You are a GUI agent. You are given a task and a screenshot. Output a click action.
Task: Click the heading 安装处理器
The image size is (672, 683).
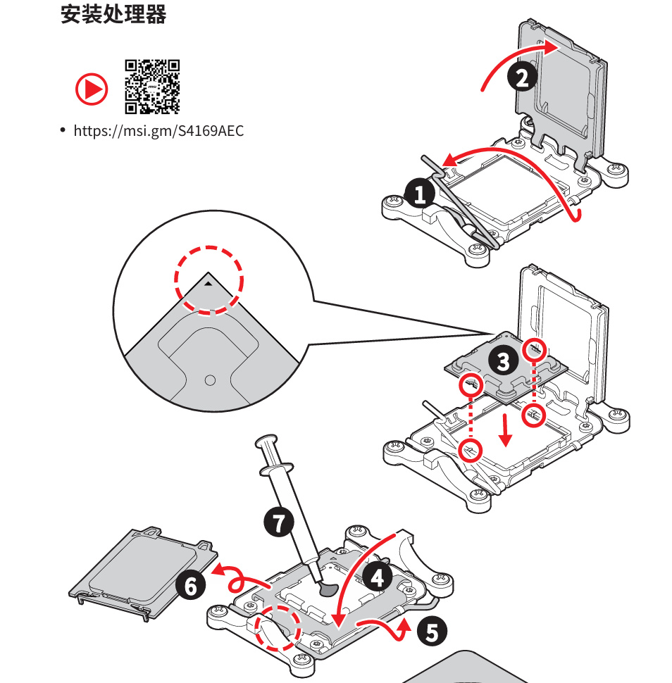coord(113,15)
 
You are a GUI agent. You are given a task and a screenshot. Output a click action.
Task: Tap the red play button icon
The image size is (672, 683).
coord(92,89)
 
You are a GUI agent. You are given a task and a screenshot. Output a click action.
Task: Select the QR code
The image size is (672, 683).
coord(152,87)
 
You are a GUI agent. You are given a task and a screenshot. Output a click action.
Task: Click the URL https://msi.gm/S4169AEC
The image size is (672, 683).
coord(158,130)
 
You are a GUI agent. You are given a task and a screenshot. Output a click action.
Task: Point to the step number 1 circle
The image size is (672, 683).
coord(421,193)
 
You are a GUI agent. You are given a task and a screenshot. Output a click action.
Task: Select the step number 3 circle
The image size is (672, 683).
coord(503,362)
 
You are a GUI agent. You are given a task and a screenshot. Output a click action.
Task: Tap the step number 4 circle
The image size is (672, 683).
coord(378,577)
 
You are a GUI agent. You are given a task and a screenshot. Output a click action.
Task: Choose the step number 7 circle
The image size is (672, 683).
coord(279,522)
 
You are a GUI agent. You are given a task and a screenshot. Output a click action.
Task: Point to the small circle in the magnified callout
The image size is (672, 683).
coord(209,380)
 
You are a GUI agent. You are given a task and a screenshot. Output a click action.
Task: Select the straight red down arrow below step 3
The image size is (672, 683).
coord(504,430)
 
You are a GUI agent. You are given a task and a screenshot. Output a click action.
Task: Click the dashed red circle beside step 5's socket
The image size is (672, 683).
coord(277,629)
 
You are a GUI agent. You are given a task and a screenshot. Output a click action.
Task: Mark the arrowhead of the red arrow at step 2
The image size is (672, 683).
coord(552,47)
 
